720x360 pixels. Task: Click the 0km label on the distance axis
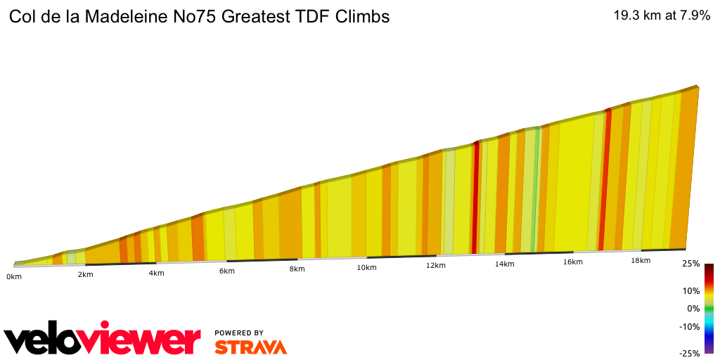pyautogui.click(x=13, y=277)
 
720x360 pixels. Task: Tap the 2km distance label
pyautogui.click(x=86, y=274)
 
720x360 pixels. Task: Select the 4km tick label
pyautogui.click(x=156, y=273)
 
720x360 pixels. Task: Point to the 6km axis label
pyautogui.click(x=226, y=271)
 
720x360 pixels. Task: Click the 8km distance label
pyautogui.click(x=297, y=269)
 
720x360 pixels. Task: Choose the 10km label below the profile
pyautogui.click(x=366, y=267)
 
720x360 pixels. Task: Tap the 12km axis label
pyautogui.click(x=435, y=265)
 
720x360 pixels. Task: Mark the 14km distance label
pyautogui.click(x=504, y=264)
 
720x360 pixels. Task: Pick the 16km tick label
pyautogui.click(x=572, y=262)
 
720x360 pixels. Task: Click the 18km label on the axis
pyautogui.click(x=640, y=260)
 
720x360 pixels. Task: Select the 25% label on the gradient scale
pyautogui.click(x=691, y=264)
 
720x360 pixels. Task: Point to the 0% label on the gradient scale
pyautogui.click(x=693, y=308)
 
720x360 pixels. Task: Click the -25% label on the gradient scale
pyautogui.click(x=690, y=354)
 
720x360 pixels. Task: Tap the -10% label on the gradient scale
pyautogui.click(x=690, y=326)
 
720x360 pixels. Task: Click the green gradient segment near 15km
pyautogui.click(x=536, y=190)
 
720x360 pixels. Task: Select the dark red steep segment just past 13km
pyautogui.click(x=476, y=197)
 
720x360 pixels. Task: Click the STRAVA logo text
pyautogui.click(x=250, y=347)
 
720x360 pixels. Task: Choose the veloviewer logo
pyautogui.click(x=103, y=340)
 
